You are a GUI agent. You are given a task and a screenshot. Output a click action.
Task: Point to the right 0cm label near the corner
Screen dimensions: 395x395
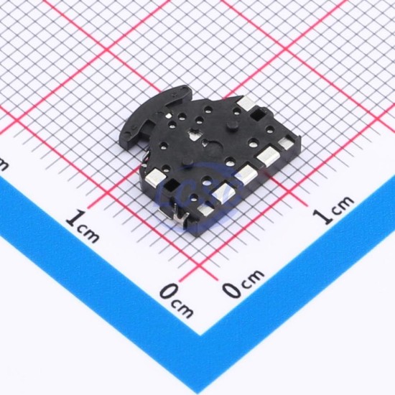click(x=243, y=283)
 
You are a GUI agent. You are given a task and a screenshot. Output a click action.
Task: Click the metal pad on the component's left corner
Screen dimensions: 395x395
click(x=156, y=175)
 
